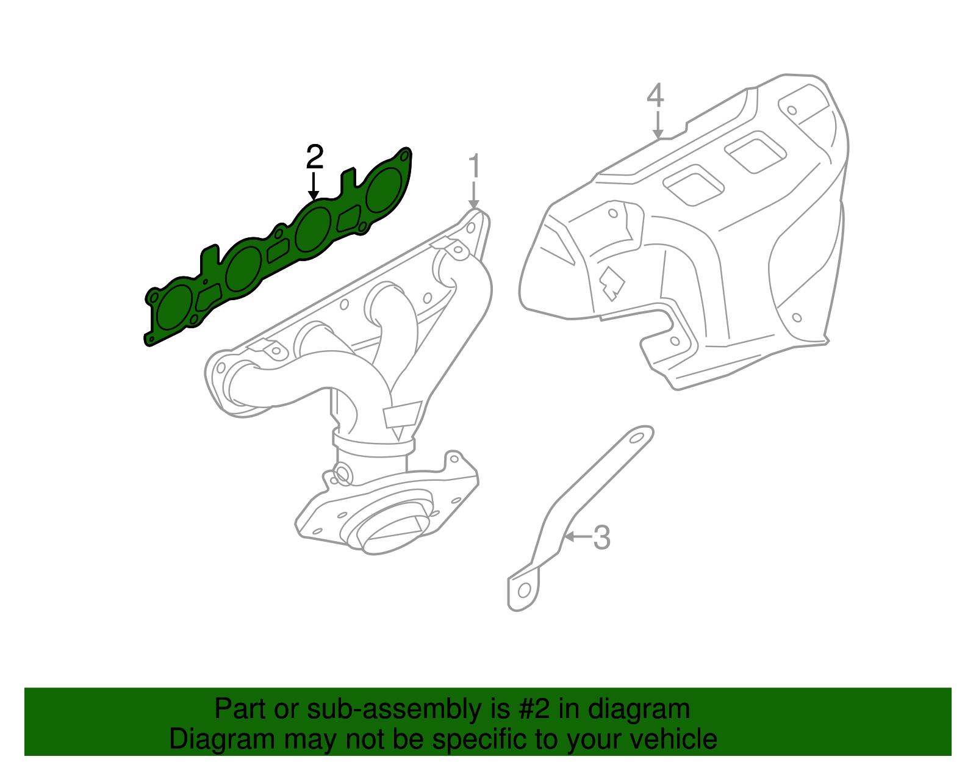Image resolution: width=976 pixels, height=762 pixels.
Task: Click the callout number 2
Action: click(x=314, y=157)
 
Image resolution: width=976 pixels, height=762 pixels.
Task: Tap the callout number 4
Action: click(x=655, y=96)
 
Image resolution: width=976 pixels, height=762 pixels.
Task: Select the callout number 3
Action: click(x=601, y=537)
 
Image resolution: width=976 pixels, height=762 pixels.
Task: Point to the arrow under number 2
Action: click(x=314, y=187)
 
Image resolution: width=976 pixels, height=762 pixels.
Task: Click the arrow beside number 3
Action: click(x=577, y=537)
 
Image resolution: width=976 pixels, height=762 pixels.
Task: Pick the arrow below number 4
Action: click(x=657, y=125)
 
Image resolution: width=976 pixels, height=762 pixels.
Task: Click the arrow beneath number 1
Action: click(x=474, y=195)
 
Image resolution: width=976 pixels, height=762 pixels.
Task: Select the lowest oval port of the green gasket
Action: click(x=173, y=309)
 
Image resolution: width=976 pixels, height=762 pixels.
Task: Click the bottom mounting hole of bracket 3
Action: click(x=523, y=591)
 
